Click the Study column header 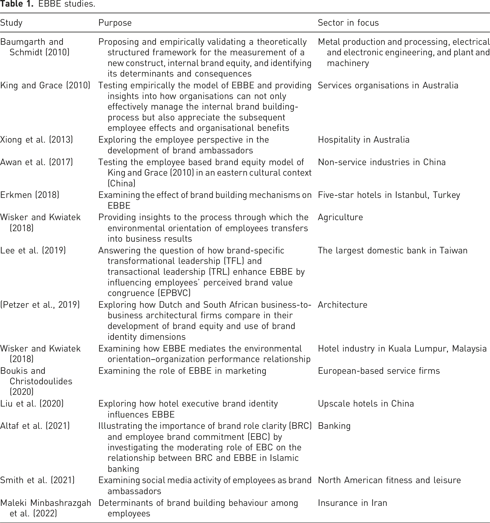tap(11, 23)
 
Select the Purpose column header tap(115, 23)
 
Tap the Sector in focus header tap(348, 23)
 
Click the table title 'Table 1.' tap(17, 4)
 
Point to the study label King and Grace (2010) tap(45, 86)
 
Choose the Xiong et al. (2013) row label tap(37, 140)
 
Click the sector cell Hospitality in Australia tap(363, 140)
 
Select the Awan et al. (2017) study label tap(37, 162)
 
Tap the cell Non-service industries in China tap(382, 162)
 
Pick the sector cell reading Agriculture tap(340, 217)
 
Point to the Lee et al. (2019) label tap(33, 250)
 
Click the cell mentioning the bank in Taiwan tap(393, 250)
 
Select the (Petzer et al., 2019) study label tap(40, 305)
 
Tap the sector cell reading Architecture tap(342, 305)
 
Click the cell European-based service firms tap(379, 371)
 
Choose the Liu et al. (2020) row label tap(32, 404)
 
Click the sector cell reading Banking tap(334, 426)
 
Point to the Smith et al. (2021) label tap(37, 480)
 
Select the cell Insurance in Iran tap(352, 503)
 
